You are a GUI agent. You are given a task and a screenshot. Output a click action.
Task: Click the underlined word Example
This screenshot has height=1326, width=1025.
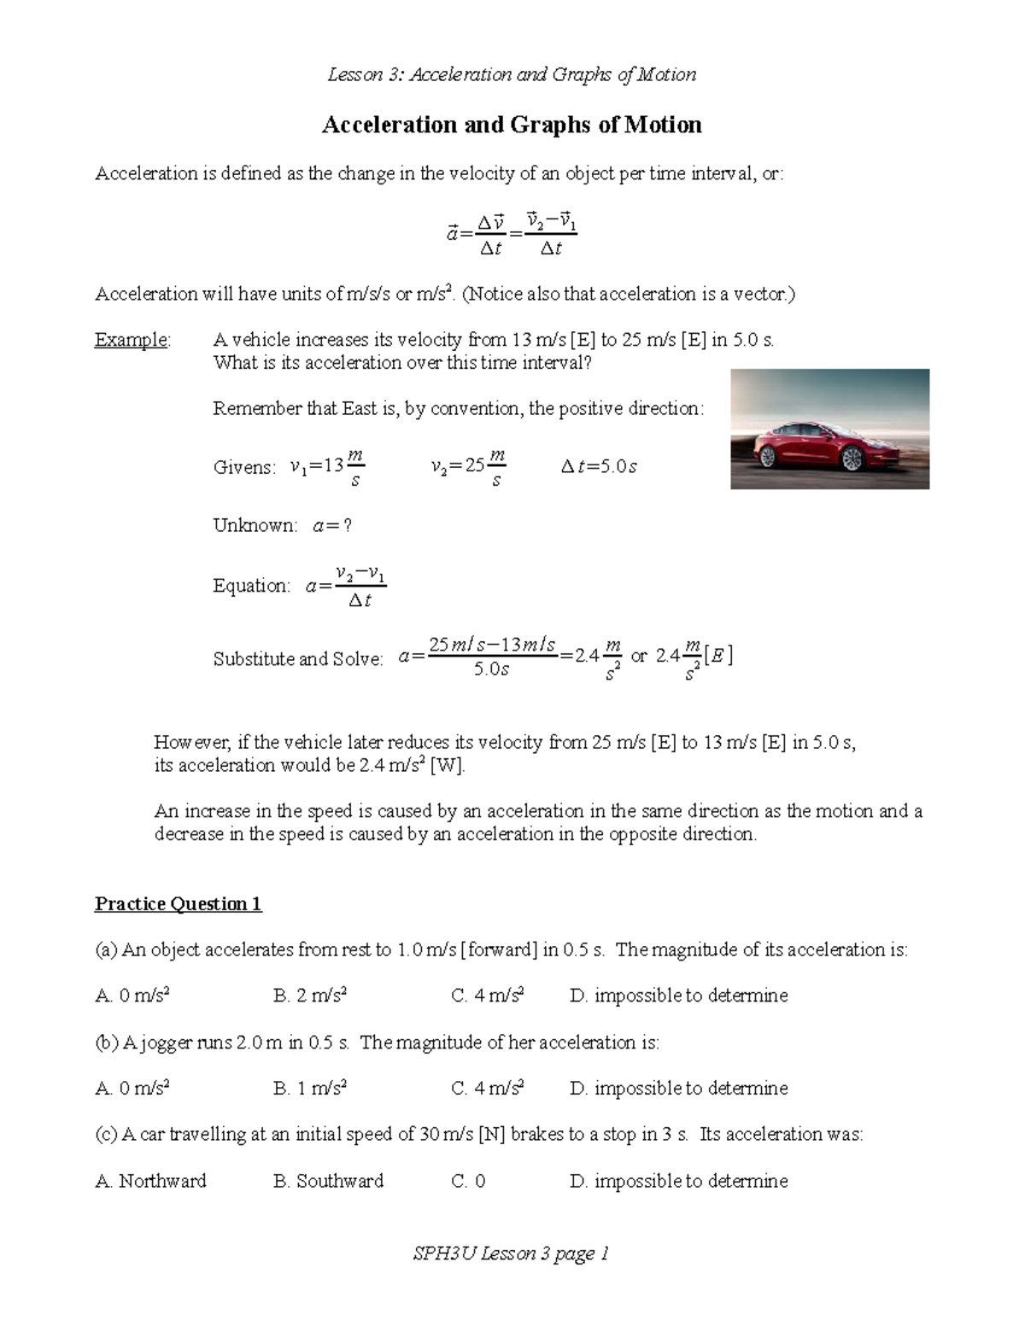132,340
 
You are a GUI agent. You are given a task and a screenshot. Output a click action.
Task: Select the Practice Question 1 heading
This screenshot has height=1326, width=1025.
178,903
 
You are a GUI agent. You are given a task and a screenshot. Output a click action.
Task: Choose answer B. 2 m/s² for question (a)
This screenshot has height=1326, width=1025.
309,996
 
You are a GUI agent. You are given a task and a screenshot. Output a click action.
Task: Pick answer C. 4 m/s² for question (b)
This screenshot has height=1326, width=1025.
487,1089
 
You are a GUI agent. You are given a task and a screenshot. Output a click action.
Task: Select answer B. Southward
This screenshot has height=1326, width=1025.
328,1181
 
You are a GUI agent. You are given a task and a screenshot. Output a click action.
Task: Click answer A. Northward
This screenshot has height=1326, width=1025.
150,1181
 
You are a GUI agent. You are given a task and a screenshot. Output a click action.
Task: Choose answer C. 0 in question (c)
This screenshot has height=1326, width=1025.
468,1181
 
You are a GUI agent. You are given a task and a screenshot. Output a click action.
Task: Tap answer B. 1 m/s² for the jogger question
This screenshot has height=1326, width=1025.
309,1089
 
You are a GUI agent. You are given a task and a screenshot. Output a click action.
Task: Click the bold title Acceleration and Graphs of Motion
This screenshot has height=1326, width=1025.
512,126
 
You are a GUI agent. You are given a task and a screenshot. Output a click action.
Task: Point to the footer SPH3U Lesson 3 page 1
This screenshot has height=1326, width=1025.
511,1253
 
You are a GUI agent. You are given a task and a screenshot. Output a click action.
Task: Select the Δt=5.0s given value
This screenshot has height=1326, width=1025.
599,466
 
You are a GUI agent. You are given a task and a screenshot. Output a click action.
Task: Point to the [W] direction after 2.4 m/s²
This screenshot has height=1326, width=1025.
448,765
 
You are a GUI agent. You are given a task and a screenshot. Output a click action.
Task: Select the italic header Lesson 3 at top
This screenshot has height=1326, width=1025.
365,74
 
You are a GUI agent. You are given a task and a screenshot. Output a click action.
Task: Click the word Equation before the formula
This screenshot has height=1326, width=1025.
251,586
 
